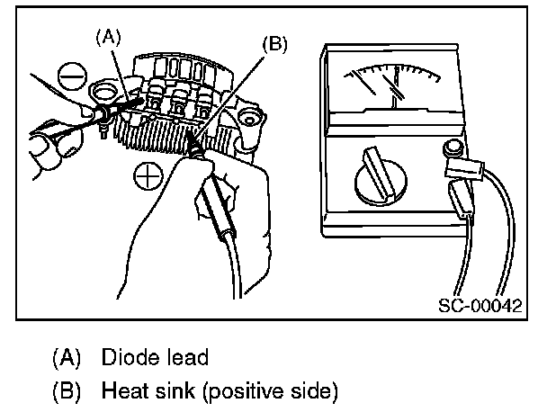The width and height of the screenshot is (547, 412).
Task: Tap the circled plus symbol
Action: [x=145, y=176]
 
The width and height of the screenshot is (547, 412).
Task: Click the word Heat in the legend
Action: [x=124, y=391]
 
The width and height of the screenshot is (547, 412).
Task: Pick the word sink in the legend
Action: [x=171, y=391]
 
